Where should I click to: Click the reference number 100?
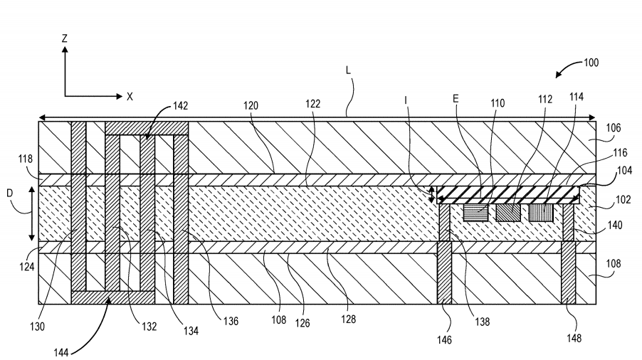pyautogui.click(x=591, y=63)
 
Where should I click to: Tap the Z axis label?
pyautogui.click(x=64, y=38)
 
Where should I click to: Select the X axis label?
pyautogui.click(x=130, y=97)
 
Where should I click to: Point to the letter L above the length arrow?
pyautogui.click(x=348, y=70)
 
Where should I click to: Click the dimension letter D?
pyautogui.click(x=10, y=193)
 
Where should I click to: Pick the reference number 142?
pyautogui.click(x=180, y=106)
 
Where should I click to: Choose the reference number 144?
pyautogui.click(x=61, y=352)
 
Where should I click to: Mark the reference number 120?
pyautogui.click(x=251, y=106)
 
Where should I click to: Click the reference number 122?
pyautogui.click(x=312, y=104)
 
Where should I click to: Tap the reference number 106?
pyautogui.click(x=614, y=128)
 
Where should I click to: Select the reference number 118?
pyautogui.click(x=26, y=159)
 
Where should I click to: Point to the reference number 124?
pyautogui.click(x=26, y=267)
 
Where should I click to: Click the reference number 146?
pyautogui.click(x=444, y=339)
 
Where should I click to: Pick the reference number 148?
pyautogui.click(x=574, y=338)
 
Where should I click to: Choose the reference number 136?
pyautogui.click(x=231, y=321)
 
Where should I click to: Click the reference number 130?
pyautogui.click(x=37, y=327)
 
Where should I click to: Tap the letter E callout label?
pyautogui.click(x=456, y=99)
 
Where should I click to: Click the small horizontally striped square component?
pyautogui.click(x=475, y=213)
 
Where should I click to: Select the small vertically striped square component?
pyautogui.click(x=541, y=213)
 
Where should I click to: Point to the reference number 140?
pyautogui.click(x=615, y=225)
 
